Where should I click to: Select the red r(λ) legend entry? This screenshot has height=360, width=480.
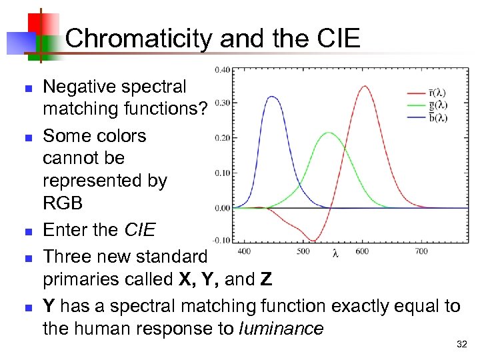pos(437,93)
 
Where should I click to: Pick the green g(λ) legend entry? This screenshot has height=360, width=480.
pos(437,105)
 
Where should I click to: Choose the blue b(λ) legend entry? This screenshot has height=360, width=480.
pos(437,117)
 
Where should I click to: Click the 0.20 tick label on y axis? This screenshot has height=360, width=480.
pos(222,138)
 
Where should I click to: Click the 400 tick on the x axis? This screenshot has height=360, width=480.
pos(245,251)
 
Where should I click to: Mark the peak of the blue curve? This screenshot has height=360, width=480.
pos(271,97)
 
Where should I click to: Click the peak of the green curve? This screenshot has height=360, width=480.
pos(328,133)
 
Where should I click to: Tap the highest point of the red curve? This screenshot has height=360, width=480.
pos(365,85)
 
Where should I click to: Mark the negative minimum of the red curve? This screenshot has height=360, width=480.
pos(314,241)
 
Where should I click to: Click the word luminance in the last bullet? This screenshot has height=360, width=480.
pos(281,328)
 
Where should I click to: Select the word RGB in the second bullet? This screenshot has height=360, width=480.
pos(63,203)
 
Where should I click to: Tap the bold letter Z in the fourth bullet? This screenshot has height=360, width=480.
pos(266,280)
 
